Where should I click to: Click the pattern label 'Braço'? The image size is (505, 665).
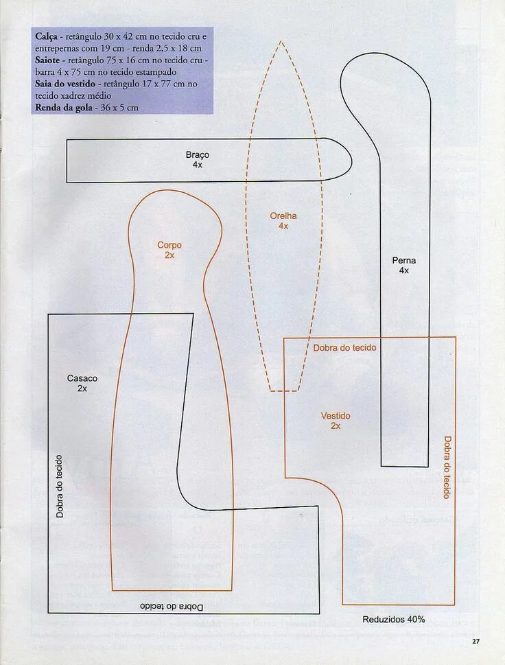197,155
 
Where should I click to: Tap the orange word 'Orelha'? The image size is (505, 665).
283,216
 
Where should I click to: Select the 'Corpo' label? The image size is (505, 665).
169,245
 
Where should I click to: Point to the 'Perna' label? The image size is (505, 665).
404,261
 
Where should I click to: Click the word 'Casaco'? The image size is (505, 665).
82,378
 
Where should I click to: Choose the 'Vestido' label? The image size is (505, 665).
336,416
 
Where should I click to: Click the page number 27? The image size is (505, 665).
476,641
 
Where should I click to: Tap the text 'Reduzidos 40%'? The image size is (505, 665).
393,619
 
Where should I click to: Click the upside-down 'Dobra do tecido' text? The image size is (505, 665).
172,607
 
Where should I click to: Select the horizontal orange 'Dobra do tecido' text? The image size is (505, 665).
344,348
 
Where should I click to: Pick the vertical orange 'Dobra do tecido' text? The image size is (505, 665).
447,467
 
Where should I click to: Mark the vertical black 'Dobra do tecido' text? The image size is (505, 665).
60,486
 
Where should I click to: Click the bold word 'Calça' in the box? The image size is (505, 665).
47,35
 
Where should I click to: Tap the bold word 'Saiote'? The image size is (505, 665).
49,60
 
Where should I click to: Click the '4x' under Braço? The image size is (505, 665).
197,165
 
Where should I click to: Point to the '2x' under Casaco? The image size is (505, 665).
82,388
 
